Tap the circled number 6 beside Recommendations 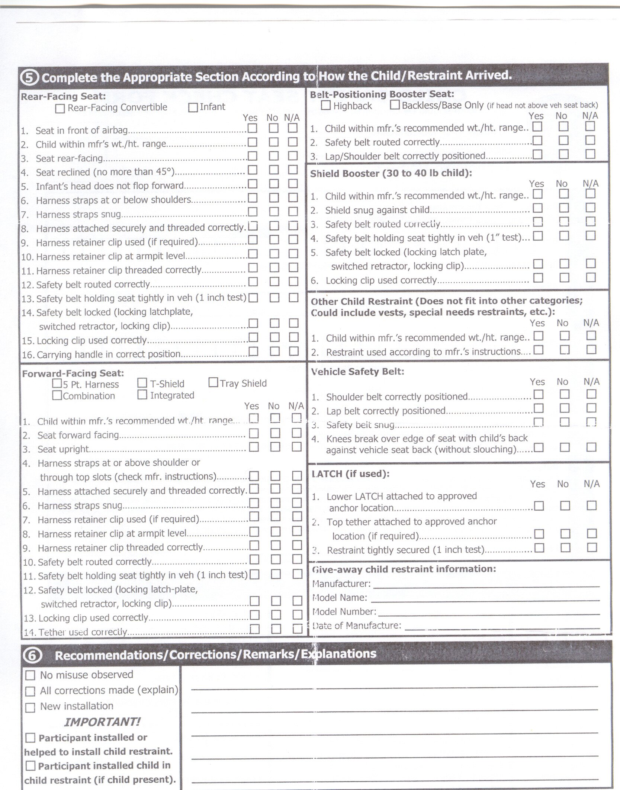pos(32,655)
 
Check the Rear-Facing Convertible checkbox pos(60,109)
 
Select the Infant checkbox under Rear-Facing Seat pos(193,108)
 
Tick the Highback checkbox pos(325,106)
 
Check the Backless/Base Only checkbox pos(395,105)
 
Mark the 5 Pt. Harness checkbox pos(57,383)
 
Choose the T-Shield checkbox pos(142,383)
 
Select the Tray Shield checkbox pos(213,382)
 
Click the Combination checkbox pos(57,395)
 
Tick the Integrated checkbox pos(142,395)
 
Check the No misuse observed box pos(30,675)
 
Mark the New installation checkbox pos(30,707)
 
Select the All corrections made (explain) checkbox pos(30,691)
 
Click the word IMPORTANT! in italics pos(102,722)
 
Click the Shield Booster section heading pos(391,173)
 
